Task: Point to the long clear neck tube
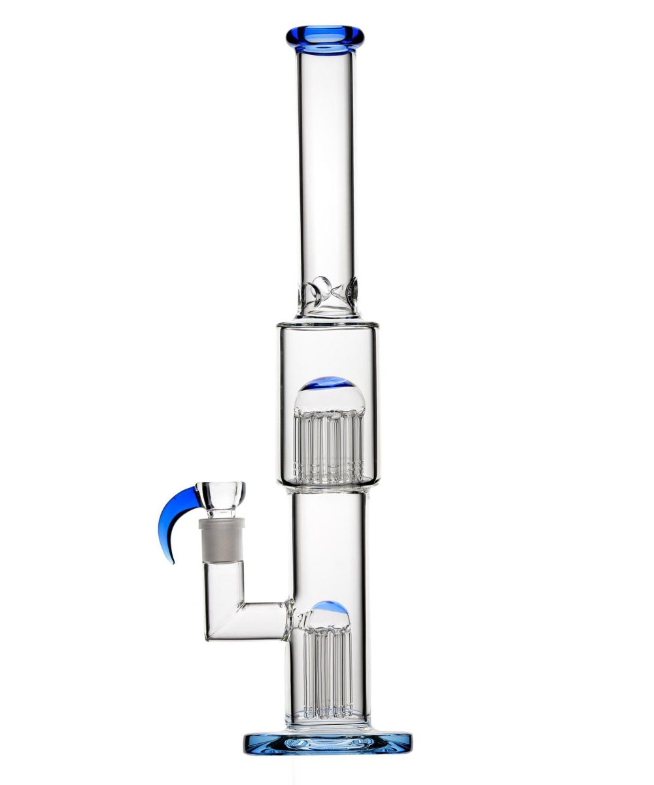coord(325,164)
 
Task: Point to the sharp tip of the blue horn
coord(173,563)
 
